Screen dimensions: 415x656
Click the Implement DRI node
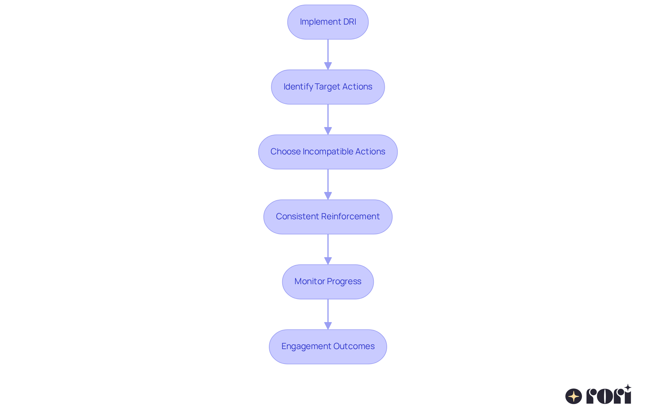[x=328, y=22]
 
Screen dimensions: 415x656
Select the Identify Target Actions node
[x=328, y=87]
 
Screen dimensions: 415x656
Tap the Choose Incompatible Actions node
[x=328, y=152]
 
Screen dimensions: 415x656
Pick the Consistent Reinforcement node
[x=328, y=217]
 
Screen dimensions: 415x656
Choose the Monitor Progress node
[x=328, y=282]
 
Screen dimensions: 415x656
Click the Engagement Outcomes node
[x=328, y=347]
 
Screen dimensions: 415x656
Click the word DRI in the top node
[x=350, y=22]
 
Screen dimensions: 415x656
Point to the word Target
[x=327, y=87]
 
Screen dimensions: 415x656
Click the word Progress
[x=344, y=281]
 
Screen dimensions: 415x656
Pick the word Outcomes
[x=354, y=346]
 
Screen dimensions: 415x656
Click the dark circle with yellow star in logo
[x=574, y=396]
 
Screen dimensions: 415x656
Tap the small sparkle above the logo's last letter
[x=628, y=388]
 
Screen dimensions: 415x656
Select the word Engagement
[x=306, y=346]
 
